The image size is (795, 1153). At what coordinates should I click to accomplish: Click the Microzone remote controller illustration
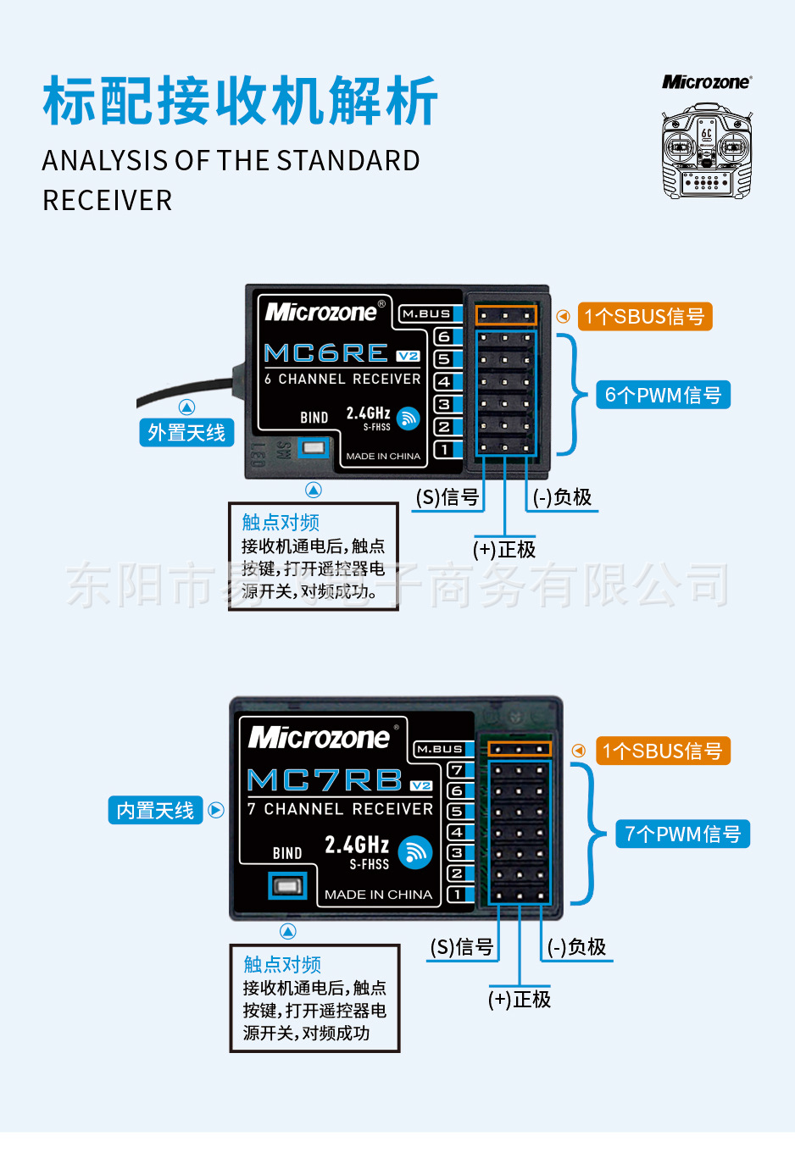click(706, 151)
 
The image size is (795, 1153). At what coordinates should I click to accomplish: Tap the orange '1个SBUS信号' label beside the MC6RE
click(644, 317)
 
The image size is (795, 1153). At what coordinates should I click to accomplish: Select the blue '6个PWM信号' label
click(663, 395)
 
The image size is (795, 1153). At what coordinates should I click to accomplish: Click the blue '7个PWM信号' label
click(682, 834)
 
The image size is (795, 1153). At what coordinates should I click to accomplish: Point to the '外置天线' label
click(186, 433)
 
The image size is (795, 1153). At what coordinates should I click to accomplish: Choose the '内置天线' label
click(155, 811)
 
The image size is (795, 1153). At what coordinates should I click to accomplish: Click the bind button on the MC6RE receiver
click(314, 447)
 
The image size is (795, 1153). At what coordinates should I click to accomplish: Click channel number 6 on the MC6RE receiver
click(444, 337)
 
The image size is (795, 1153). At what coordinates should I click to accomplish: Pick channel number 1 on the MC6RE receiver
click(444, 450)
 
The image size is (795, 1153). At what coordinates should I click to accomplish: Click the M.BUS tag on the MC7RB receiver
click(440, 749)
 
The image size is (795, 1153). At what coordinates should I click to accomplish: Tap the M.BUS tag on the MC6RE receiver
click(426, 313)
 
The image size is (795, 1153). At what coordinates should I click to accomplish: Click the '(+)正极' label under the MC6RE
click(504, 550)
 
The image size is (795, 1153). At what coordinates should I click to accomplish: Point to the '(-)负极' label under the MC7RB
click(576, 947)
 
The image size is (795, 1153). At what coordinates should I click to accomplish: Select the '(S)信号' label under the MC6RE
click(448, 497)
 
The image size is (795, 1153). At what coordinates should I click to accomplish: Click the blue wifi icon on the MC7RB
click(414, 853)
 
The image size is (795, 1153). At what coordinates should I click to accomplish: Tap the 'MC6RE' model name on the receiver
click(326, 353)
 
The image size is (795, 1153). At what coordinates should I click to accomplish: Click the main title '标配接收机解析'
click(241, 101)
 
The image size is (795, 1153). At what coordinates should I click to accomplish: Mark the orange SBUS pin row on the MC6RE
click(505, 315)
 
